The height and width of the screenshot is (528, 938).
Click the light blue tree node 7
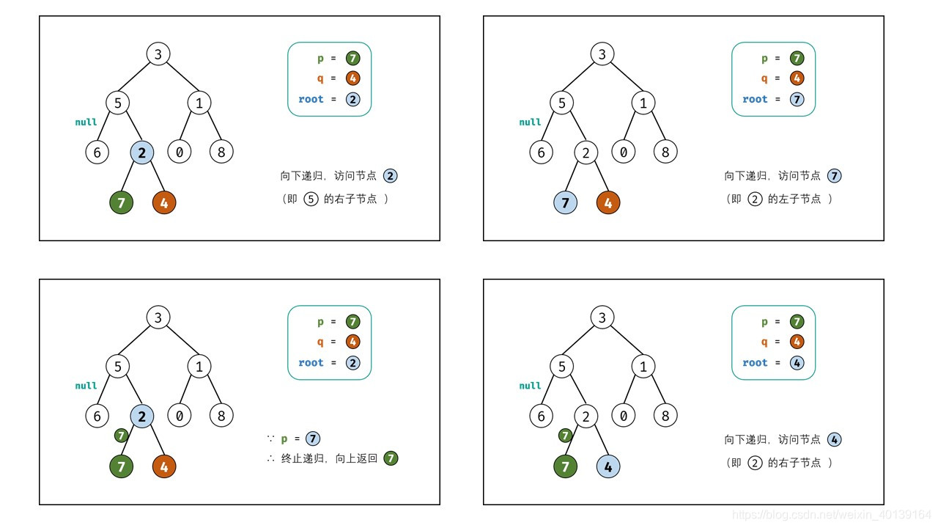tap(565, 202)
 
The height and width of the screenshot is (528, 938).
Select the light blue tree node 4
tap(608, 466)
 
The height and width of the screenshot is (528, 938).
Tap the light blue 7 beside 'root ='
tap(797, 99)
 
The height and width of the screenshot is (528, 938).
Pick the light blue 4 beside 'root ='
tap(797, 362)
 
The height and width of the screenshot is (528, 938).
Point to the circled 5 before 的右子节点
tap(311, 199)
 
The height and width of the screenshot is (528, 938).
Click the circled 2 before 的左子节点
tap(756, 199)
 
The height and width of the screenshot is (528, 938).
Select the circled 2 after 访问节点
tap(391, 176)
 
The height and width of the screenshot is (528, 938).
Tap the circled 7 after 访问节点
tap(835, 176)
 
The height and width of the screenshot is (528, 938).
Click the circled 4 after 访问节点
tap(835, 440)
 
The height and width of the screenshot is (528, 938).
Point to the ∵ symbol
tap(270, 439)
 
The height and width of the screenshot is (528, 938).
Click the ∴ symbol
tap(270, 458)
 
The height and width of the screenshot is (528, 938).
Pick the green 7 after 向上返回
tap(391, 458)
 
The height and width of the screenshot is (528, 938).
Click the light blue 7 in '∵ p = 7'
tap(313, 439)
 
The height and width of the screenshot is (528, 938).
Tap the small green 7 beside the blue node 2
tap(122, 436)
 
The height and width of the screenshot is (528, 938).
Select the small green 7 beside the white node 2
tap(565, 436)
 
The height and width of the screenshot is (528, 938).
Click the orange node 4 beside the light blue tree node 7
tap(608, 202)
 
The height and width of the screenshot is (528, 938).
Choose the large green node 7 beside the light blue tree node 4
tap(565, 466)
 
